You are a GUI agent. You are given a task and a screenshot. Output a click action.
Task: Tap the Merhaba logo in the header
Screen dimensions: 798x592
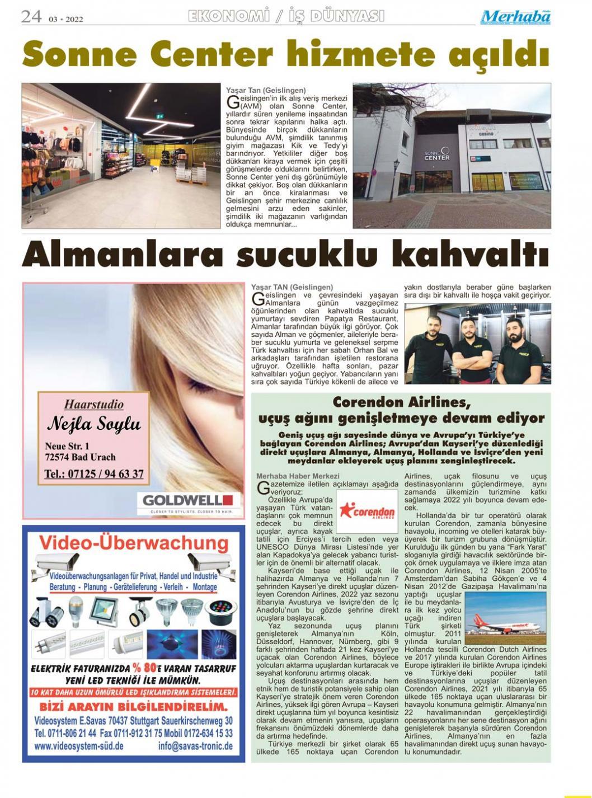point(515,17)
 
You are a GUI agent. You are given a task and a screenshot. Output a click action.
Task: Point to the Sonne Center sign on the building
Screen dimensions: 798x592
point(436,154)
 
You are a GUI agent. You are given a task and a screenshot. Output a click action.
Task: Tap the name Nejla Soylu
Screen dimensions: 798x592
point(94,424)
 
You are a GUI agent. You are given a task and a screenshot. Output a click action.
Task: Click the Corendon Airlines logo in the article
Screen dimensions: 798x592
point(367,511)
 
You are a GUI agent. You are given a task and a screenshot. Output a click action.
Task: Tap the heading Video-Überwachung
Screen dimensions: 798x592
point(134,542)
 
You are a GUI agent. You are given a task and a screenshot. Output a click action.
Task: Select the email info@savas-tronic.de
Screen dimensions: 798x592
point(195,746)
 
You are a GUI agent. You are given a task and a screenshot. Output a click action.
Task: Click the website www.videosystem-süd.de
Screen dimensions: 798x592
point(78,746)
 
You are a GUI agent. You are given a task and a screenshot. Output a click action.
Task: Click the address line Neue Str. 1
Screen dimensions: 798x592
point(67,446)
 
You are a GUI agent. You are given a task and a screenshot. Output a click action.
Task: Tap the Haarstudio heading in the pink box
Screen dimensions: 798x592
point(94,404)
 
